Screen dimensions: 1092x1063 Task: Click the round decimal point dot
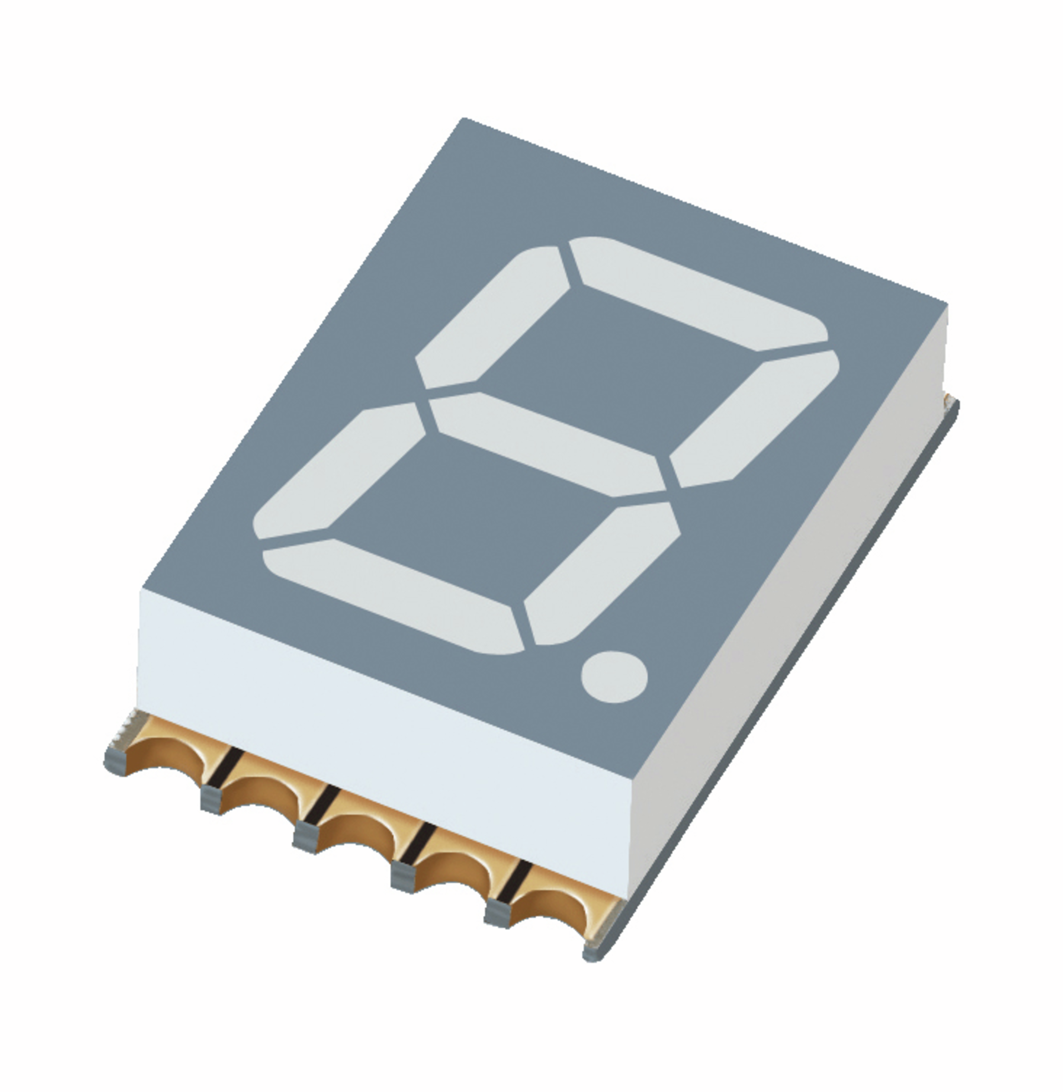(614, 677)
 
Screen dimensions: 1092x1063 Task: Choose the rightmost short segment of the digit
(754, 419)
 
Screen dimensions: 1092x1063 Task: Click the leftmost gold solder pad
(167, 748)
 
